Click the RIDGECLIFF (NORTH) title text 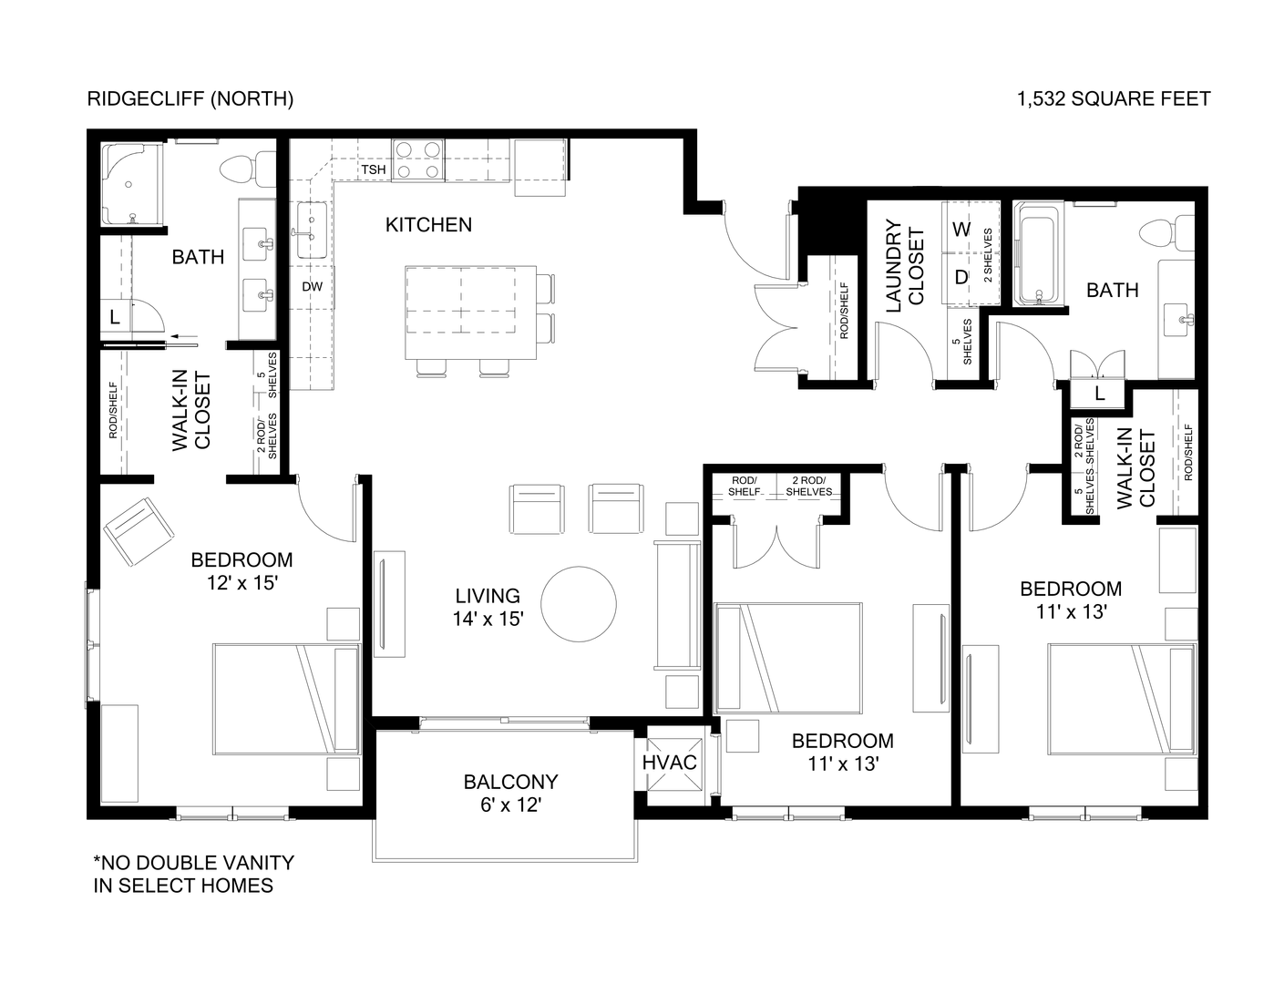(190, 98)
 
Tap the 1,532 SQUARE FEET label (1114, 98)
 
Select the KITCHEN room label (428, 224)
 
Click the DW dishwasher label (312, 286)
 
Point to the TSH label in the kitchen (374, 170)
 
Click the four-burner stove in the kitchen (418, 159)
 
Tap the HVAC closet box (670, 763)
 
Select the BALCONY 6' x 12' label (509, 793)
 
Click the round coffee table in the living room (579, 604)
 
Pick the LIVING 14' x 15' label (488, 607)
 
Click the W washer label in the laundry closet (961, 229)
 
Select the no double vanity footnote (194, 873)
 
